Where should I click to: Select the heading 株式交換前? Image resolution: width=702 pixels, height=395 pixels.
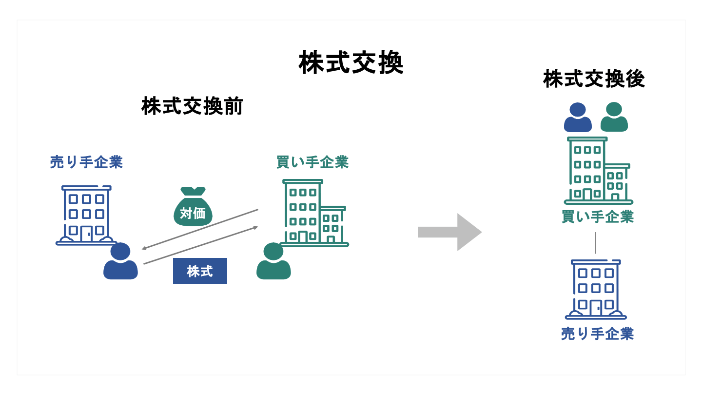(x=192, y=107)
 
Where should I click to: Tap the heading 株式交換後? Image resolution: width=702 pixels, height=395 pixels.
(x=594, y=79)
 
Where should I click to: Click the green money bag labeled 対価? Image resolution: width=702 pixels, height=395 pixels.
(x=193, y=208)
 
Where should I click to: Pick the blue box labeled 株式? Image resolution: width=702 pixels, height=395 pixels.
(x=200, y=271)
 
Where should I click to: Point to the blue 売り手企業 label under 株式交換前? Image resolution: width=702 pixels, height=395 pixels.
(x=86, y=162)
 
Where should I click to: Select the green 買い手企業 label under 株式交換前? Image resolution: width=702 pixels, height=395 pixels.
(x=312, y=162)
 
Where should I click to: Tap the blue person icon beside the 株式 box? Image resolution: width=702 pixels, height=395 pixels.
(x=120, y=262)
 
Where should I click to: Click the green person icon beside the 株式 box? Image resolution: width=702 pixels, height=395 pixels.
(x=273, y=262)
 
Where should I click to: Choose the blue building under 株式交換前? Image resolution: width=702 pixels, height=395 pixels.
(x=86, y=215)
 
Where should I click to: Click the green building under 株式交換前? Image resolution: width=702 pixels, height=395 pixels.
(x=313, y=213)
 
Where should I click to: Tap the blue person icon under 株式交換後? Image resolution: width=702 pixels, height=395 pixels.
(x=578, y=118)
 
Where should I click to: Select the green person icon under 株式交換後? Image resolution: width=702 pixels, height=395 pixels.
(x=614, y=118)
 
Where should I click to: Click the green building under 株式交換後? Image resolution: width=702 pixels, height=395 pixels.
(x=598, y=171)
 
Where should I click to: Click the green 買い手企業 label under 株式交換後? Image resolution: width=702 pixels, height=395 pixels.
(x=598, y=217)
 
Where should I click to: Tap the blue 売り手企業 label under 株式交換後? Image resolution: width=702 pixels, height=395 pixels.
(x=597, y=334)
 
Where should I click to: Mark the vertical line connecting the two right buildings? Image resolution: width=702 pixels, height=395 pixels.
(x=595, y=243)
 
